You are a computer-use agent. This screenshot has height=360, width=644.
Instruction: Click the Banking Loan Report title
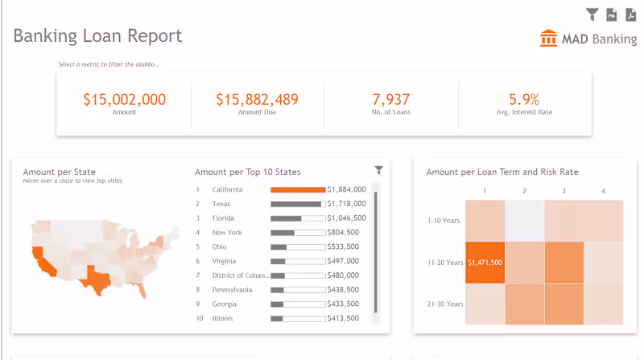97,36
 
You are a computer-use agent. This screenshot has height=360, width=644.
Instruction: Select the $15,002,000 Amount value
124,100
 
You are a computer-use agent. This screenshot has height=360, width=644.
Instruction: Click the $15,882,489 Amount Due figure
257,100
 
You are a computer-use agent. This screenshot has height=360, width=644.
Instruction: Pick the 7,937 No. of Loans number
391,100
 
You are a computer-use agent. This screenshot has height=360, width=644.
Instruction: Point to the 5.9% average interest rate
524,100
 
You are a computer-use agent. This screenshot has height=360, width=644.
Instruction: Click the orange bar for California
297,190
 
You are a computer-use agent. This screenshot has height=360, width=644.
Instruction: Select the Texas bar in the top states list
295,205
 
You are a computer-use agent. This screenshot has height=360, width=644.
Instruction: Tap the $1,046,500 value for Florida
346,218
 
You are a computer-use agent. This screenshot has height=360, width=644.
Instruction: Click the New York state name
226,233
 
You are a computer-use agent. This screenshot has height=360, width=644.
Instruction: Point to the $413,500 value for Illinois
346,319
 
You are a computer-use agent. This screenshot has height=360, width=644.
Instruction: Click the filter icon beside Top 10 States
379,170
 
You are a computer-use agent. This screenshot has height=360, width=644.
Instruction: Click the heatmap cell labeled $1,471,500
485,263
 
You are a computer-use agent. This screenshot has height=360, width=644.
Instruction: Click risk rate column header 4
602,192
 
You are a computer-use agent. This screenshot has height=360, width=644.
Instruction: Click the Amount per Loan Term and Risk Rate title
502,172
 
